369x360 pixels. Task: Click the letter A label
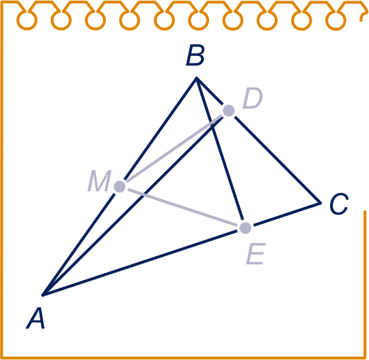(36, 318)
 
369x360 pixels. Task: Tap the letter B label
(195, 56)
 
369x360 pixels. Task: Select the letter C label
(339, 204)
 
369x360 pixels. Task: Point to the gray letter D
(253, 98)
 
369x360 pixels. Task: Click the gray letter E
(256, 254)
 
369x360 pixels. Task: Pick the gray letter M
(99, 180)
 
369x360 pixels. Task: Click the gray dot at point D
(228, 111)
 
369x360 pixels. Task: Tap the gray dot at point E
(245, 228)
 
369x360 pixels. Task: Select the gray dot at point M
(120, 186)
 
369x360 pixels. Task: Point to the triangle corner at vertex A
(42, 295)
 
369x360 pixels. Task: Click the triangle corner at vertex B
(196, 77)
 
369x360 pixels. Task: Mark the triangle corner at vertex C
(320, 203)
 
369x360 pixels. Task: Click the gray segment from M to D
(174, 148)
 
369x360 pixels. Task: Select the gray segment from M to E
(182, 207)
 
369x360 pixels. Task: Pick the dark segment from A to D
(133, 206)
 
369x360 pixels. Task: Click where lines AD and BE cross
(212, 126)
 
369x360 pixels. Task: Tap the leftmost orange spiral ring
(27, 20)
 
